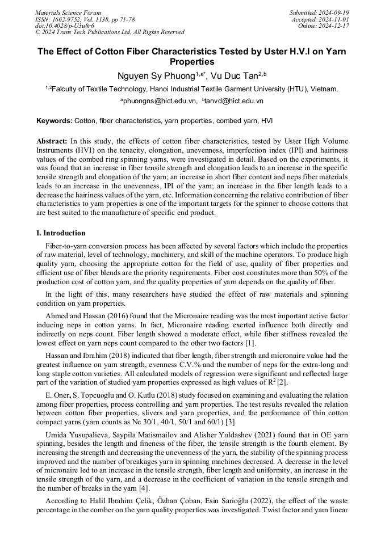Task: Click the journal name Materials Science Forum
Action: tap(68, 12)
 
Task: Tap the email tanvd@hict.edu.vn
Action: tap(234, 101)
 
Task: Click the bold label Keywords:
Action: tap(55, 121)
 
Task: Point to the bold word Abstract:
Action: tap(52, 140)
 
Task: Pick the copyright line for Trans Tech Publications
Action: tap(110, 32)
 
